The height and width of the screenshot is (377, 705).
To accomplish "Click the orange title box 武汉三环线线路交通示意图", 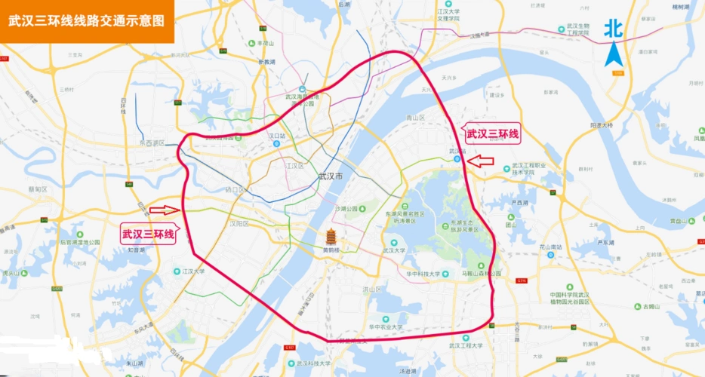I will click(x=87, y=21).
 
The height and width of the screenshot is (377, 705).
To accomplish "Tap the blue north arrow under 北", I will click(x=614, y=55).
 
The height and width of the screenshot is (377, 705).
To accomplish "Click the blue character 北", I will click(x=613, y=29).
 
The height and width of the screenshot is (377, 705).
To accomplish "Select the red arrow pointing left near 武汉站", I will click(x=481, y=161).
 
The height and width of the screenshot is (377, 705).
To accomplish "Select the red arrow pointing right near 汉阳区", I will click(x=164, y=210).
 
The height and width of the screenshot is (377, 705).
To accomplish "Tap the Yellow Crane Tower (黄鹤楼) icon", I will click(x=330, y=236).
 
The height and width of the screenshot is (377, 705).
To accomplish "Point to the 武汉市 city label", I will click(x=330, y=176).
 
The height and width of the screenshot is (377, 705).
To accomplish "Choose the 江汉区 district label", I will click(x=294, y=165).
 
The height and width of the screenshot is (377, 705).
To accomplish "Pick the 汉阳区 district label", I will click(x=239, y=223).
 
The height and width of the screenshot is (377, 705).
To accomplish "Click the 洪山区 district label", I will click(x=372, y=290).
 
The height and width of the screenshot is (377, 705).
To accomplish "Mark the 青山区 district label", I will click(x=416, y=118).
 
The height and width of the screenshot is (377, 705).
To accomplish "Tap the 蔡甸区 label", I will click(x=37, y=189).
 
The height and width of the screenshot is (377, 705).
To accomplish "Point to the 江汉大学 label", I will click(x=194, y=271).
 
